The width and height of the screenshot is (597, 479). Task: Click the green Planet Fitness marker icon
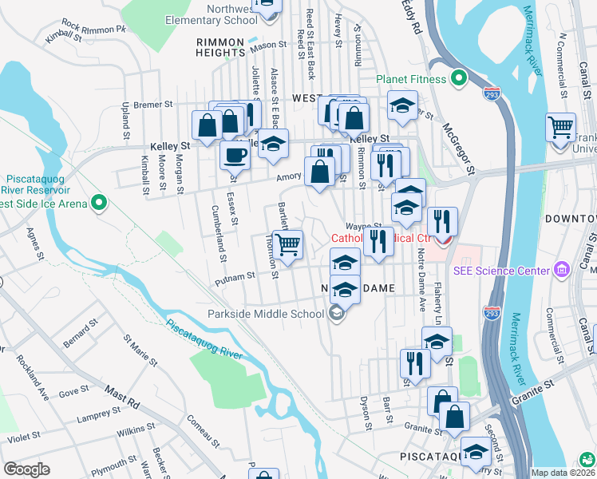[459, 79]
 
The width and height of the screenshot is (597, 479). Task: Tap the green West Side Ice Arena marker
[99, 204]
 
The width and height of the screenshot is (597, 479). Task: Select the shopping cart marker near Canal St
[561, 127]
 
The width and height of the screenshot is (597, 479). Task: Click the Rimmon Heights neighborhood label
[220, 47]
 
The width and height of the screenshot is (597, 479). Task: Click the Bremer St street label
[153, 104]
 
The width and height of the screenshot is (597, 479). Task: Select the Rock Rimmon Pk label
[93, 26]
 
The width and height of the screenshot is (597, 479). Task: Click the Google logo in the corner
[26, 469]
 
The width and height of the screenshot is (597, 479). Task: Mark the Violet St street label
[24, 437]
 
